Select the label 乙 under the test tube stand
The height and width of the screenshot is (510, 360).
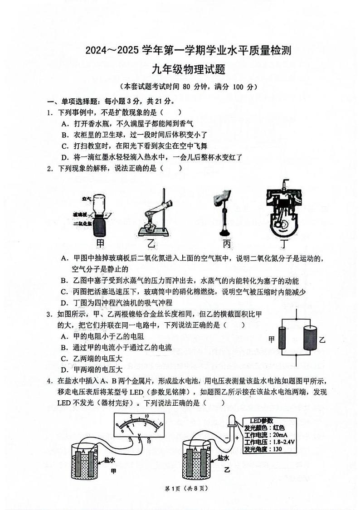coord(151,244)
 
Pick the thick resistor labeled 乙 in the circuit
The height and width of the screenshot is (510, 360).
coord(309,339)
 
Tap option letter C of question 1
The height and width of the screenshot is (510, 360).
coord(65,146)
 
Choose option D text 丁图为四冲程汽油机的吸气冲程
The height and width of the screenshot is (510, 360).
coord(122,303)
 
